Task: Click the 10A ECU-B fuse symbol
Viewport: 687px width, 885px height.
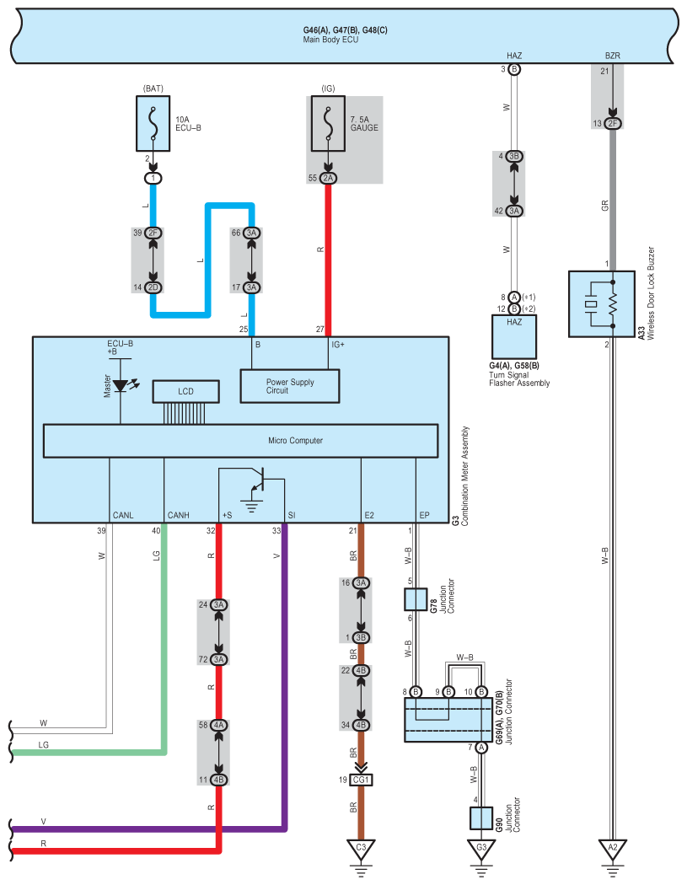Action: coord(153,124)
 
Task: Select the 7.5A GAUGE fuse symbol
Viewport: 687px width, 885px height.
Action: coord(328,124)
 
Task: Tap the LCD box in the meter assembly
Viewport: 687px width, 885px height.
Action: coord(185,391)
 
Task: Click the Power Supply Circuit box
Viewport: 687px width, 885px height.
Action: coord(290,386)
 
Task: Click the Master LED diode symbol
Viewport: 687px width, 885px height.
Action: coord(121,385)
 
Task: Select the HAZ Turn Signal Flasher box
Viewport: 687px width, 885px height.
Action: coord(513,336)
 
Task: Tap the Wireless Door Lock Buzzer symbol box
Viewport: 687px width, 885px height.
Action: coord(602,303)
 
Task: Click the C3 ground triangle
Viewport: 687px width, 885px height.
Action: coord(361,848)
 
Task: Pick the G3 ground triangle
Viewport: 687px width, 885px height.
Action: coord(481,848)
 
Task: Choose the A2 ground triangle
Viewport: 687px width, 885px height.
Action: coord(613,848)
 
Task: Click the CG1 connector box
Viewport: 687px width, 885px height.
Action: coord(361,780)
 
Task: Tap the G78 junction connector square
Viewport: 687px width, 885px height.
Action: coord(416,599)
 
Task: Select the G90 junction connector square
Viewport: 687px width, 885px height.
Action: coord(481,818)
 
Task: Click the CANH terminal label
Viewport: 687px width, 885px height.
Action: coord(179,515)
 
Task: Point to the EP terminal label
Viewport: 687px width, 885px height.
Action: coord(425,515)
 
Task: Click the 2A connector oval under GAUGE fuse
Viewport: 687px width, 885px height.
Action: coord(328,178)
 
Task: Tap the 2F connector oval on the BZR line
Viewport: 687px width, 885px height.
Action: coord(613,123)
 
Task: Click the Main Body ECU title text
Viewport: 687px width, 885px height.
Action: coord(330,40)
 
